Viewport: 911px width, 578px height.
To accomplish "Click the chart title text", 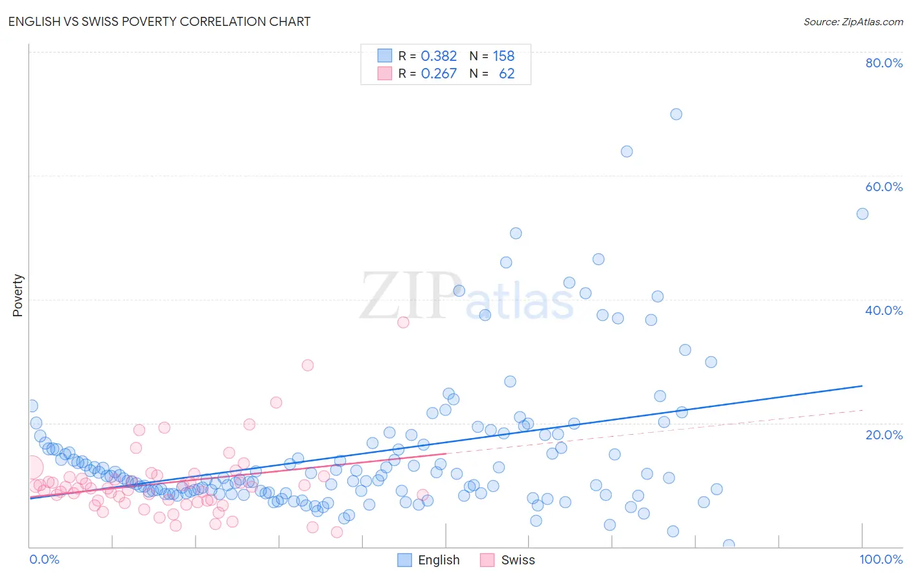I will pos(159,21).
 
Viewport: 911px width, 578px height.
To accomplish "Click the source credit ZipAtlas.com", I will pos(853,21).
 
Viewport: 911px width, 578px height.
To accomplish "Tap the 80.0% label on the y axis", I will pos(884,63).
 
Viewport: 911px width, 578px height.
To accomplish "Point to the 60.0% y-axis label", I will pos(884,187).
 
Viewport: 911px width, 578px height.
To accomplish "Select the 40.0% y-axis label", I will pos(884,310).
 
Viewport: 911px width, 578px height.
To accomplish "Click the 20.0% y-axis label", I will pos(884,434).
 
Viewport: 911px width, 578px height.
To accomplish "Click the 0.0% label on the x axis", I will pos(44,559).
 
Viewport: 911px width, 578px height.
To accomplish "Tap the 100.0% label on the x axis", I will pos(881,559).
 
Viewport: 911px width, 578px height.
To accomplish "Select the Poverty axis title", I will pos(17,295).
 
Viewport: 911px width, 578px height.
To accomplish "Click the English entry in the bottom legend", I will pos(438,560).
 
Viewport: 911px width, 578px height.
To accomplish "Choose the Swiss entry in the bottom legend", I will pos(517,560).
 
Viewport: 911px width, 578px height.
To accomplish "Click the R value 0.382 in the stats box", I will pos(439,56).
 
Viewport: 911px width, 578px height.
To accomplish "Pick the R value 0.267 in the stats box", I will pos(439,74).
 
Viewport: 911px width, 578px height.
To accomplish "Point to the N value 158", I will pos(503,56).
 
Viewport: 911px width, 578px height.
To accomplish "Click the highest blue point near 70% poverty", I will pos(676,114).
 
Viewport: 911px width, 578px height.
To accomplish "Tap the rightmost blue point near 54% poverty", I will pos(862,214).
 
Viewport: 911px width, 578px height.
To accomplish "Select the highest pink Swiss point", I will pos(403,322).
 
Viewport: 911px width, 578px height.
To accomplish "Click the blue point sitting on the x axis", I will pos(729,545).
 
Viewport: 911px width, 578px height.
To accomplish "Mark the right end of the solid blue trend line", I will pos(862,386).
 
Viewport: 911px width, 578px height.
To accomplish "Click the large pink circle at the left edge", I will pos(30,467).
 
